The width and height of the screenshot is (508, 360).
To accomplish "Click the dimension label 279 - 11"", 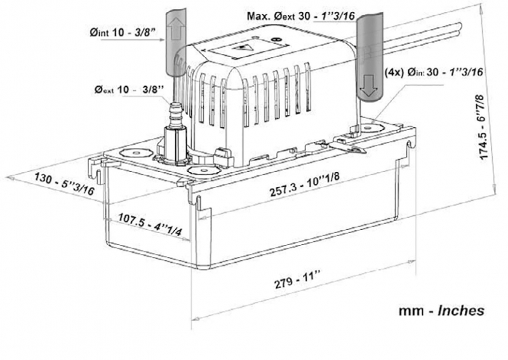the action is (297, 279).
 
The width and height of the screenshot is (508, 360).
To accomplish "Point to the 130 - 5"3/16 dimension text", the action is (64, 183).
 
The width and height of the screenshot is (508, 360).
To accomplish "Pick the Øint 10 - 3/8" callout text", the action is (123, 32).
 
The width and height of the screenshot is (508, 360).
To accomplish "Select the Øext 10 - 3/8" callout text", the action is (130, 89).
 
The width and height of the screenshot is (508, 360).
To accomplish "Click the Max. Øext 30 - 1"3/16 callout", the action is (301, 15).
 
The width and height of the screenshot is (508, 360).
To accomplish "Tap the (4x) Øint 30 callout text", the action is (433, 72).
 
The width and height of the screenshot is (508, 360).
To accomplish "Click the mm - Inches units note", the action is (441, 310).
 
